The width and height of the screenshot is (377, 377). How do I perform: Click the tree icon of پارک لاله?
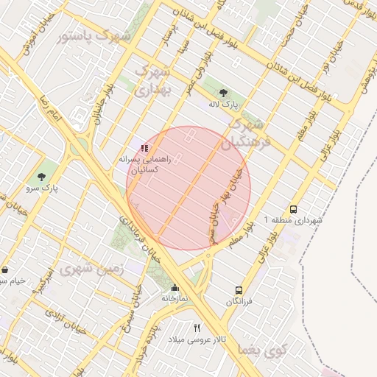223,93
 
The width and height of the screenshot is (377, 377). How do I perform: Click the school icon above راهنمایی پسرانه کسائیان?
144,148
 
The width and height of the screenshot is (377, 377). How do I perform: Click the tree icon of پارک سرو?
42,177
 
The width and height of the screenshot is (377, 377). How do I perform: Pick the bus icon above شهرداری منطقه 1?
295,209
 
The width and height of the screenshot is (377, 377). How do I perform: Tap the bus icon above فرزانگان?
239,291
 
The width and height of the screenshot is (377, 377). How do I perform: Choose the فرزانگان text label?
239,302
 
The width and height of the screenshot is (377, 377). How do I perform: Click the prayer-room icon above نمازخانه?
175,288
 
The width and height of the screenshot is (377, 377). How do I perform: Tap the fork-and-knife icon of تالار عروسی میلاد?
197,327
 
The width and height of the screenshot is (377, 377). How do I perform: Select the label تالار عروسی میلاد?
197,339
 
